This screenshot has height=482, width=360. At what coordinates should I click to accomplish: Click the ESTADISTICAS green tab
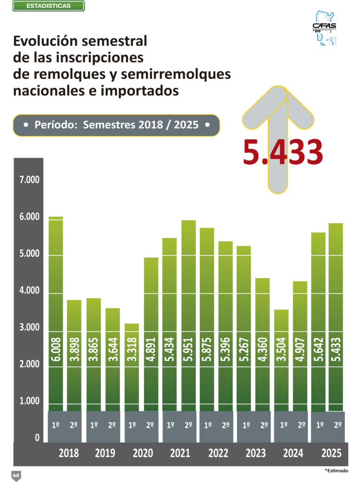coord(49,6)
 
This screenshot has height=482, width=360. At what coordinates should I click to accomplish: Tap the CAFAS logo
coord(324,28)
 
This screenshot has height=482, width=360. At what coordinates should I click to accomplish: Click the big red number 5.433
coord(283,152)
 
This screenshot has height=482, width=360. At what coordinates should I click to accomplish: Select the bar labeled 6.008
coord(56,314)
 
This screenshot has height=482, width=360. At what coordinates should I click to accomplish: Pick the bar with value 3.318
coord(132,367)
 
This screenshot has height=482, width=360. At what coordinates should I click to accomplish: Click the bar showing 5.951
coord(189,316)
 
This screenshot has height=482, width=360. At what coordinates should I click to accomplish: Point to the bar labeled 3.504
coord(281,360)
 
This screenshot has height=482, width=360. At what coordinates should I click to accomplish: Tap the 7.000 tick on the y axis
coord(30,180)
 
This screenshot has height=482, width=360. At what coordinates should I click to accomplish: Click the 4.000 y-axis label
coord(30,290)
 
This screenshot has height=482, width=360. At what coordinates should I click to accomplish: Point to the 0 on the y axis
coord(37,437)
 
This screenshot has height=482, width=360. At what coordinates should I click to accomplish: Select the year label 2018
coord(69,453)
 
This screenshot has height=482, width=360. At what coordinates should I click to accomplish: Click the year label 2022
coord(218,453)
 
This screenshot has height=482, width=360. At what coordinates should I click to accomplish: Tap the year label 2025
coord(331,453)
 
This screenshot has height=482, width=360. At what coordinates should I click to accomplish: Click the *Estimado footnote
coord(337,470)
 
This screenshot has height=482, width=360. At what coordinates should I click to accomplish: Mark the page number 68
coord(16,475)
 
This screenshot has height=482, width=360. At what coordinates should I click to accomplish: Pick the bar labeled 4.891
coord(151,334)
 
